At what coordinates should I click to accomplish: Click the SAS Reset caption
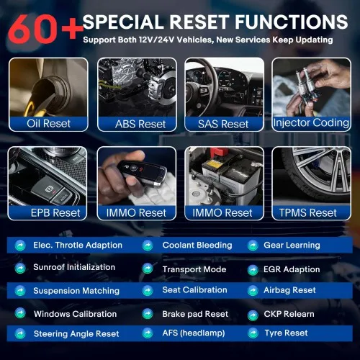pos(223,124)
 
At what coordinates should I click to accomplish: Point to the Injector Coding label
pos(311,123)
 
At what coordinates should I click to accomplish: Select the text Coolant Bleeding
pos(197,246)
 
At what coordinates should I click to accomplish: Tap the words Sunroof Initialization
pos(74,267)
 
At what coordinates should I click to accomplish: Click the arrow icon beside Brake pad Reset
pos(148,314)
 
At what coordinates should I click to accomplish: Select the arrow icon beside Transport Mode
pos(148,269)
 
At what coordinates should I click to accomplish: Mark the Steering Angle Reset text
pos(76,333)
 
